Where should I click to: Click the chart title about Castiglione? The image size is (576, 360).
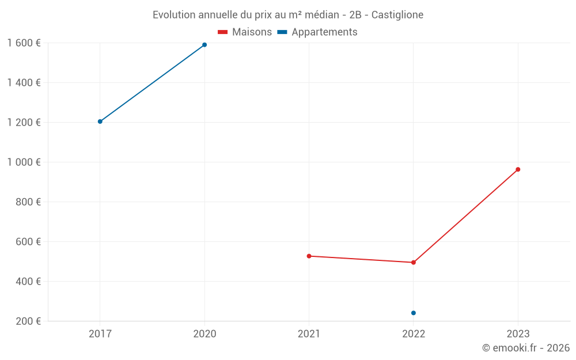[288, 14]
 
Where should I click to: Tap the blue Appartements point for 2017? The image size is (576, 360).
[100, 122]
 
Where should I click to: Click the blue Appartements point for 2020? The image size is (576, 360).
[204, 45]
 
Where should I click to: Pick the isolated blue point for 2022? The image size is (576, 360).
[414, 313]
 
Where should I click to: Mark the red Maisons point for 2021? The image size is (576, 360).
[309, 256]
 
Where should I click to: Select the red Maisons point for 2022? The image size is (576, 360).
[414, 263]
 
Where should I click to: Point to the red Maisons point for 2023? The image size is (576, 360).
[518, 169]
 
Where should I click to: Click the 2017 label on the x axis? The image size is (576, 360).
[100, 334]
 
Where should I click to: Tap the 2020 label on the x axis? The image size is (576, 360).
[204, 334]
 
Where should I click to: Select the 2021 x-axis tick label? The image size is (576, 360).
[309, 334]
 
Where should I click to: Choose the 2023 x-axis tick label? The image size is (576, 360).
[518, 334]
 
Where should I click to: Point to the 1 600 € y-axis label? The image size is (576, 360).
[24, 43]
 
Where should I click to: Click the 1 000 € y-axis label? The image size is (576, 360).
[24, 162]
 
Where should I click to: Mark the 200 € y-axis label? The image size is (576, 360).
[28, 321]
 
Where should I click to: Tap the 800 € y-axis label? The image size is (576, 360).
[28, 202]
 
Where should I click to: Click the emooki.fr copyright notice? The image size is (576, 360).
[525, 348]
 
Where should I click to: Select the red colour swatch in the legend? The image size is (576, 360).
[223, 32]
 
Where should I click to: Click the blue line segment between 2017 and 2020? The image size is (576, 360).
[152, 83]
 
